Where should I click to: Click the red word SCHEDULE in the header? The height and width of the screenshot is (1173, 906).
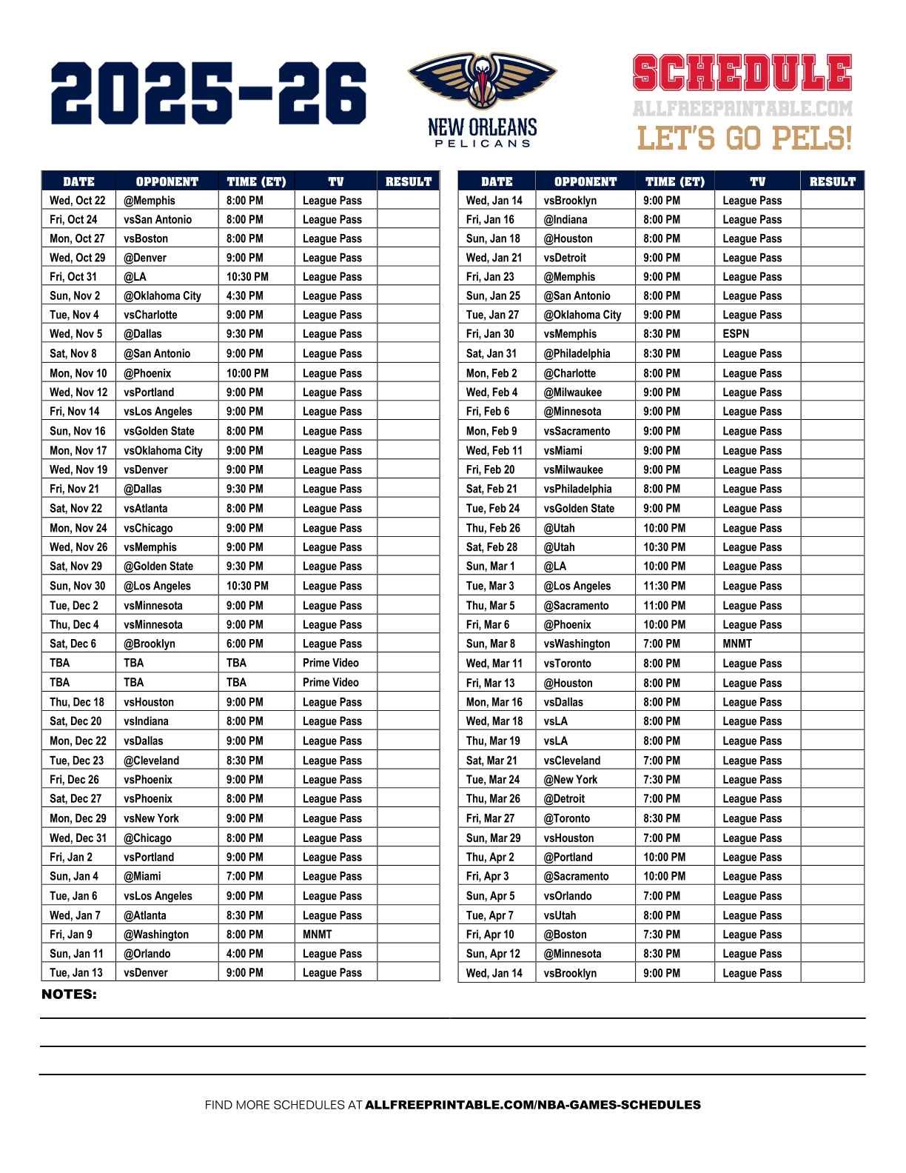pyautogui.click(x=742, y=74)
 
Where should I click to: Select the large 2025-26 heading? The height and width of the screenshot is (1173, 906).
pyautogui.click(x=209, y=93)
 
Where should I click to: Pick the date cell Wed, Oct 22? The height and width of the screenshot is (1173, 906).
pyautogui.click(x=78, y=201)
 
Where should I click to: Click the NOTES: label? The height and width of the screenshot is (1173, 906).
pyautogui.click(x=69, y=995)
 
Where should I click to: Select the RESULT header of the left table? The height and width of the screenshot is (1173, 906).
pyautogui.click(x=409, y=181)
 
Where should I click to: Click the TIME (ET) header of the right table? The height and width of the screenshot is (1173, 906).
pyautogui.click(x=675, y=181)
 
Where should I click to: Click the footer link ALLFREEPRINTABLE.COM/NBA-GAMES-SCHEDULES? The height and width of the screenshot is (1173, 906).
pyautogui.click(x=533, y=1105)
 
